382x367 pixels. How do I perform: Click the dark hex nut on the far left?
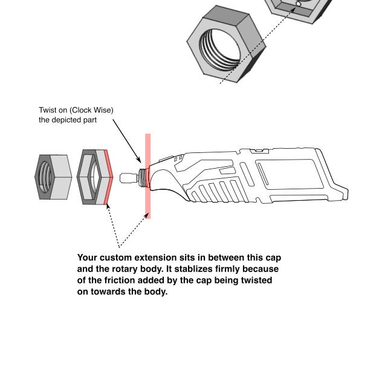click(53, 177)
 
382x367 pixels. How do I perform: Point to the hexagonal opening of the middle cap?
click(92, 177)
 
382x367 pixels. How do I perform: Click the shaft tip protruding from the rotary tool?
click(128, 178)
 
